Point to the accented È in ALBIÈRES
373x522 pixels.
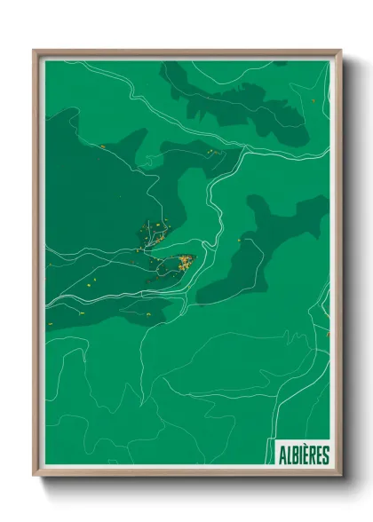pos(306,455)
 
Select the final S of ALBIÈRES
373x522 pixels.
pos(326,455)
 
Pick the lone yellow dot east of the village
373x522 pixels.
pos(239,240)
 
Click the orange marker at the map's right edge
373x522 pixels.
pos(328,334)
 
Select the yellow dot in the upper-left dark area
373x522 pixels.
pos(103,146)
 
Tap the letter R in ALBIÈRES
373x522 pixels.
pos(312,455)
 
